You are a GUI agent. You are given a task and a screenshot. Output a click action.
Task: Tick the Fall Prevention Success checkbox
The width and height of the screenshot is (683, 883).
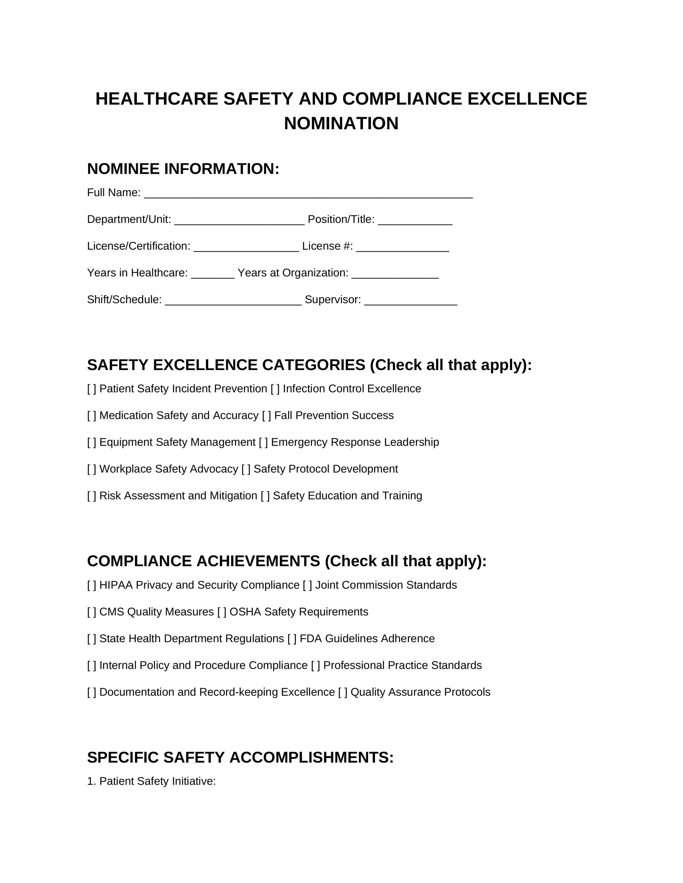click(x=267, y=416)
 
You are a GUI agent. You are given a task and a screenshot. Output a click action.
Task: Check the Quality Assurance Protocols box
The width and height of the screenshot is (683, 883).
click(x=343, y=692)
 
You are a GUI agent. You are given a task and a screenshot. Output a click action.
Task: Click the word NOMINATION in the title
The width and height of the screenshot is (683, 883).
click(x=341, y=124)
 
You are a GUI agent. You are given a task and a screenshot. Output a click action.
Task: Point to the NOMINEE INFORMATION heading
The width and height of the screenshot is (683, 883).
click(x=183, y=169)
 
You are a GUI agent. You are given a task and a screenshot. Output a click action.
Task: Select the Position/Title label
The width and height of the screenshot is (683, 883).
click(x=341, y=219)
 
